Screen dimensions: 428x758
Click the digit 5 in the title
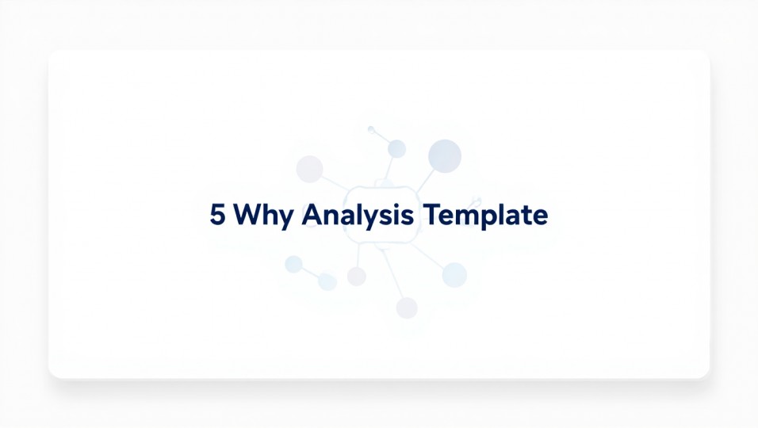click(216, 216)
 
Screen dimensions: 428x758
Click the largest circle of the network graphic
click(445, 155)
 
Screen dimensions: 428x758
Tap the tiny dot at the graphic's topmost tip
click(370, 128)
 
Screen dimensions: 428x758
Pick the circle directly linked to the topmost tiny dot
click(396, 149)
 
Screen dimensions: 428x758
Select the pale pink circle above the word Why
click(309, 168)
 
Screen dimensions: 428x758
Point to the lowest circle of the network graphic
click(407, 308)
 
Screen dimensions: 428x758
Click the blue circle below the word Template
click(454, 275)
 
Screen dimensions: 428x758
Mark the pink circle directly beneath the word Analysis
click(357, 276)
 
